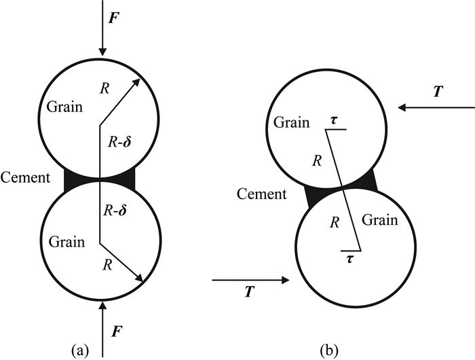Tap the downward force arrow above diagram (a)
point(102,31)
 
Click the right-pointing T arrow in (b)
point(251,278)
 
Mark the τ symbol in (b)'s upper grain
point(335,119)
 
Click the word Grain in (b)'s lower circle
point(379,221)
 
